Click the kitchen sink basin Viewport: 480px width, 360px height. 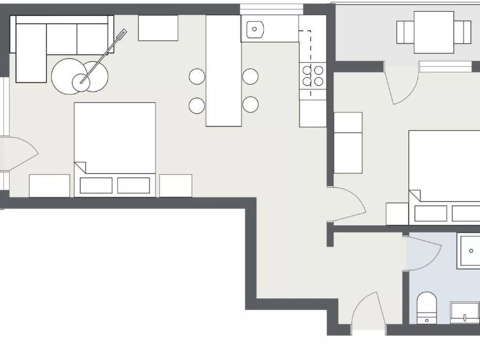(x=255, y=29)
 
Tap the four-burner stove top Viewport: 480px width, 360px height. (x=313, y=76)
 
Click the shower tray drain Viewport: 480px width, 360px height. (x=471, y=251)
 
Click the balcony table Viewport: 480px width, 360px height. (x=434, y=32)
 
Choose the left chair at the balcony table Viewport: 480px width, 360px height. (x=405, y=32)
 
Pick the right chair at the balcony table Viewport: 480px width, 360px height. (x=463, y=32)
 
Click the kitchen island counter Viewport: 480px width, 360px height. (x=224, y=71)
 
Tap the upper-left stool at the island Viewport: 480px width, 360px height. (x=197, y=76)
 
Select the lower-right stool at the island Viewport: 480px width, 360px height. (x=250, y=105)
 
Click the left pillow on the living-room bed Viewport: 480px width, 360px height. (x=96, y=186)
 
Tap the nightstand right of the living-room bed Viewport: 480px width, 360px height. (x=175, y=186)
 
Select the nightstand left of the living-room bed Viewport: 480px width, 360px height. (x=49, y=186)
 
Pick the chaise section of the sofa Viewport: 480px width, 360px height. (x=31, y=53)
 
